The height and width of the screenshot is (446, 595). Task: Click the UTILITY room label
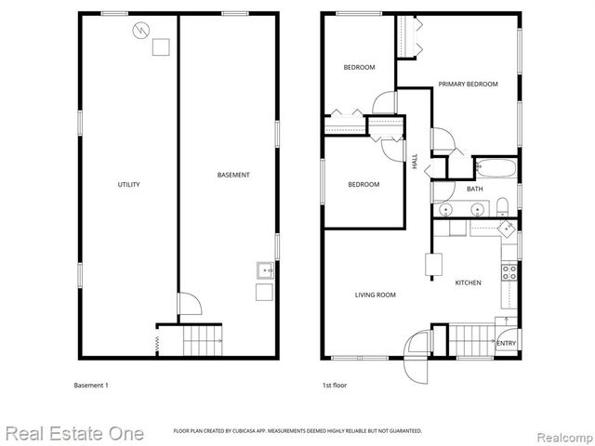[128, 185]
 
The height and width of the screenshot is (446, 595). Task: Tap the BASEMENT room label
[233, 175]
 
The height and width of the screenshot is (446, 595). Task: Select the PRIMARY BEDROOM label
[468, 85]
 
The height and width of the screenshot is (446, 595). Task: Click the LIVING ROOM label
[376, 295]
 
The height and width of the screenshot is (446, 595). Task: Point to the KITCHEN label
[468, 282]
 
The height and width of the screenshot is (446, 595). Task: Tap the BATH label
[474, 190]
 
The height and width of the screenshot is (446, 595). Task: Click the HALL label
[415, 161]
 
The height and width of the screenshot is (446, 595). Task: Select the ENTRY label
[506, 344]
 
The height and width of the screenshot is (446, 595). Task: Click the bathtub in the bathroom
[495, 169]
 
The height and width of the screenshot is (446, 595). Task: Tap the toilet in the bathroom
[500, 205]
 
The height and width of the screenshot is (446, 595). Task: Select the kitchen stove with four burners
[509, 272]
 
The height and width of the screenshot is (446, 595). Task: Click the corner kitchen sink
[507, 228]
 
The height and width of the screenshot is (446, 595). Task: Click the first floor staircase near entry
[473, 340]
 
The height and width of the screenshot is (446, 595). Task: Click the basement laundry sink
[264, 271]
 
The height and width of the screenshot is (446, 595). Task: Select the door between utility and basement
[189, 307]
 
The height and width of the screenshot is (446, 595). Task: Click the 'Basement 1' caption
[91, 385]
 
